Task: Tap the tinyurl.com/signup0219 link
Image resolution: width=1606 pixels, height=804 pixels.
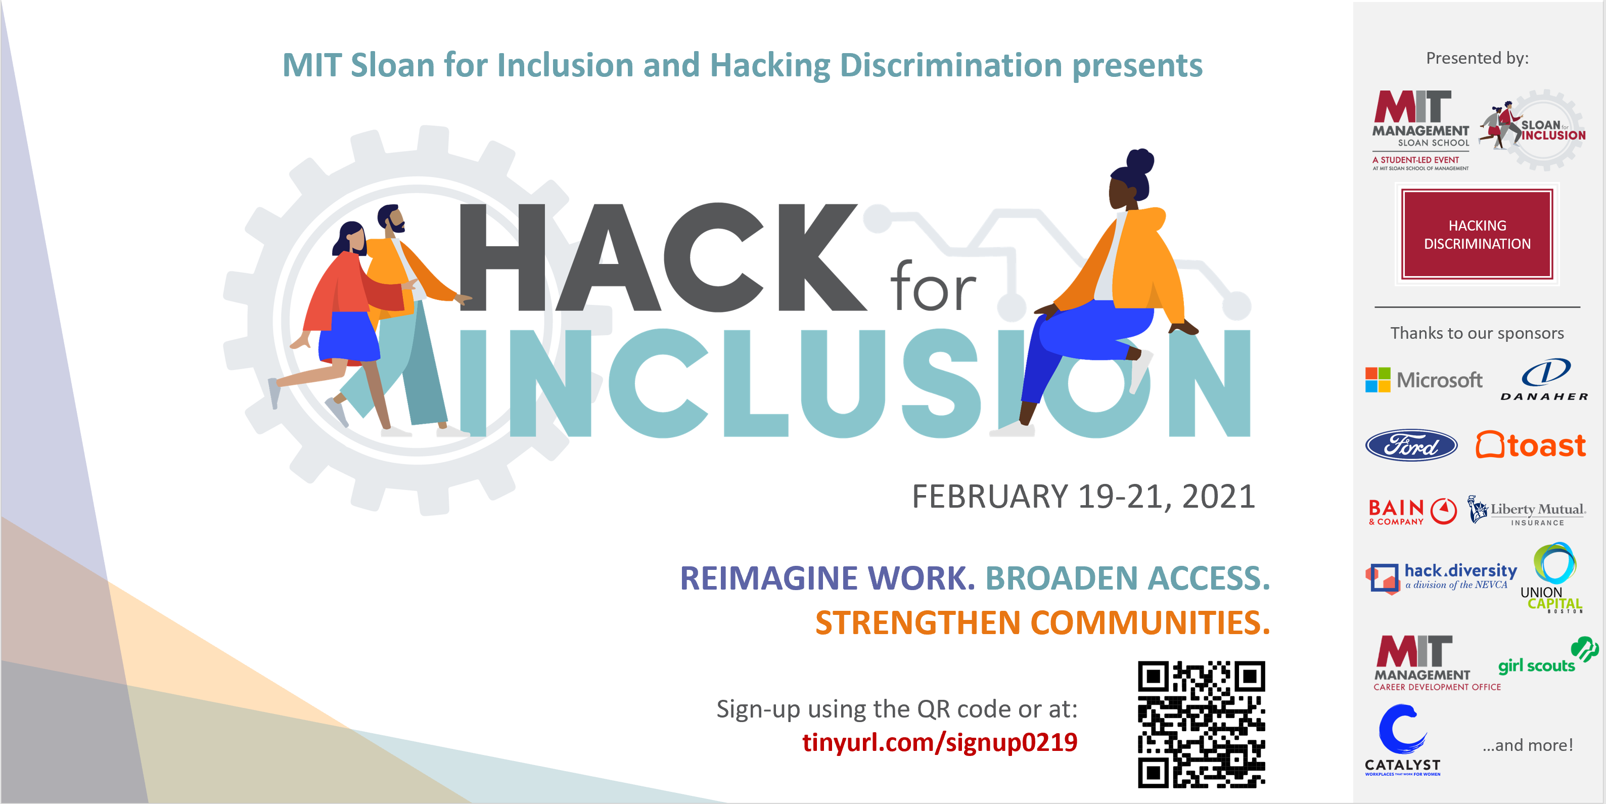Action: pyautogui.click(x=940, y=743)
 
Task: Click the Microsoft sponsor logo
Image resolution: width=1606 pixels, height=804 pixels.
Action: pyautogui.click(x=1424, y=380)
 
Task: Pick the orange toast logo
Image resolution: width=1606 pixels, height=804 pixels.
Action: pyautogui.click(x=1531, y=445)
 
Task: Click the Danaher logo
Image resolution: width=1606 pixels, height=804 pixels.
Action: pyautogui.click(x=1544, y=379)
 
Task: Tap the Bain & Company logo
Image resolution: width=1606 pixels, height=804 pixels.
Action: pyautogui.click(x=1412, y=511)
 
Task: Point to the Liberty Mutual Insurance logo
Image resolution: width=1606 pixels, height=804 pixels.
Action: pyautogui.click(x=1526, y=511)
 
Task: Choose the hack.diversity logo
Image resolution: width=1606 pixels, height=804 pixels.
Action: pyautogui.click(x=1441, y=577)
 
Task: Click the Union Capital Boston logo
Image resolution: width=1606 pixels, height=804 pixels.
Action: pyautogui.click(x=1552, y=577)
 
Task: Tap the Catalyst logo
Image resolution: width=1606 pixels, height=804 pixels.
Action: pyautogui.click(x=1402, y=740)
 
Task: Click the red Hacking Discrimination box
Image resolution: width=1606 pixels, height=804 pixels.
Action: pyautogui.click(x=1477, y=234)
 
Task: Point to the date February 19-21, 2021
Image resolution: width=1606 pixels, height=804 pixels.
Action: pyautogui.click(x=1083, y=497)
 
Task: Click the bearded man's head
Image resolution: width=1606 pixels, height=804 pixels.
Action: pyautogui.click(x=391, y=219)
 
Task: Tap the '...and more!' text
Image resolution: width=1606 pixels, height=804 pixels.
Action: pyautogui.click(x=1528, y=745)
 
